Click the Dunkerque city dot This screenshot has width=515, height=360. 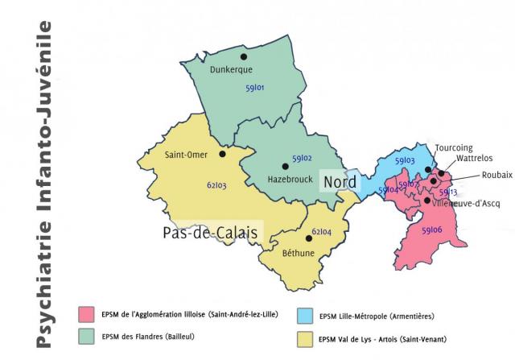point(243,57)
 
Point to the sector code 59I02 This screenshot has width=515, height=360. point(302,159)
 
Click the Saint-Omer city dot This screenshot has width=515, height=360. point(222,147)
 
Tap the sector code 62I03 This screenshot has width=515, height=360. point(216,186)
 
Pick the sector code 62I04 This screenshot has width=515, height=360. point(321,232)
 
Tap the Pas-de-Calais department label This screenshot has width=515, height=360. point(210,234)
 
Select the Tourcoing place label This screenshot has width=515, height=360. point(454,148)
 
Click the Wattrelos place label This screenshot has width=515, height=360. point(475,159)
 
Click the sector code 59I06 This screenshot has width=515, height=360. point(431,230)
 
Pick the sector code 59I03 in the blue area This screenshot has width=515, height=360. point(404,161)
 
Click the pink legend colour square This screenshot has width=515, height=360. point(87,313)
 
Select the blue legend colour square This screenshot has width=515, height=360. point(306,314)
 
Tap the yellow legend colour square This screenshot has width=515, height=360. point(306,337)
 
